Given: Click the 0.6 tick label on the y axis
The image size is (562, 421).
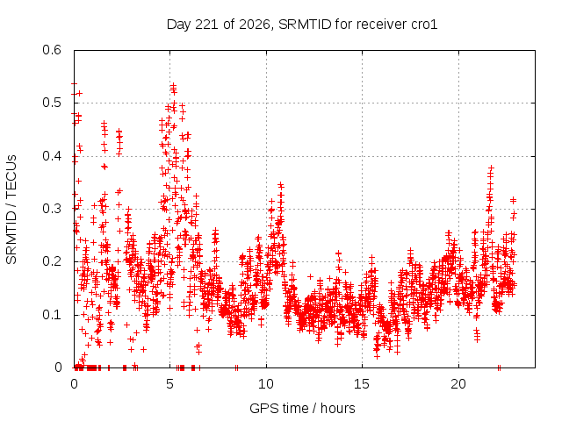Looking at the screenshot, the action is pos(52,50).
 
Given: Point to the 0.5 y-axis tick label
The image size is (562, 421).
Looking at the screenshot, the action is pos(52,103).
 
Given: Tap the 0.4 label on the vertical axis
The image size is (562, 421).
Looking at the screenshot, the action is pos(52,156).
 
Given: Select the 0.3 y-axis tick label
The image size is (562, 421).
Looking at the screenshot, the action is pos(52,209).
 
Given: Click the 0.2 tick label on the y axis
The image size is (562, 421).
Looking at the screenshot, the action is pos(52,261).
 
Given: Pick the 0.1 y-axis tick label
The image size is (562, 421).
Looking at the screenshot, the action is pos(52,315).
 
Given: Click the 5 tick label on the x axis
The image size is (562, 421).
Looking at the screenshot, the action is pos(169,384).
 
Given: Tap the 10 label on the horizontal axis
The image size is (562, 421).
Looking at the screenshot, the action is pos(266,384).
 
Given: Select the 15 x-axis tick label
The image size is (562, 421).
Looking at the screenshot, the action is pos(362,384).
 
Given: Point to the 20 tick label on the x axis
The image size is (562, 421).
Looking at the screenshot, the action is pos(458,384).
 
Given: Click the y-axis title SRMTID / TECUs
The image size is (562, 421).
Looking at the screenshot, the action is pos(11,210).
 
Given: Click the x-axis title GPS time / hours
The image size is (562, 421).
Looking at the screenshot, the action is pos(302,409).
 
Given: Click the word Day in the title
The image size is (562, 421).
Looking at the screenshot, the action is pos(179,25).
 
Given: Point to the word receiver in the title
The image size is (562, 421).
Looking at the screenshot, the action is pos(381,25).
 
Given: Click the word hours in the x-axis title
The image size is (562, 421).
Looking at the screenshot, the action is pos(337,409).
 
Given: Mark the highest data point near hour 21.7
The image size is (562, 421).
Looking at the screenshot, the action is pos(491,168).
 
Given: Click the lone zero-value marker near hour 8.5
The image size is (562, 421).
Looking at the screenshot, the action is pos(236,367).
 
